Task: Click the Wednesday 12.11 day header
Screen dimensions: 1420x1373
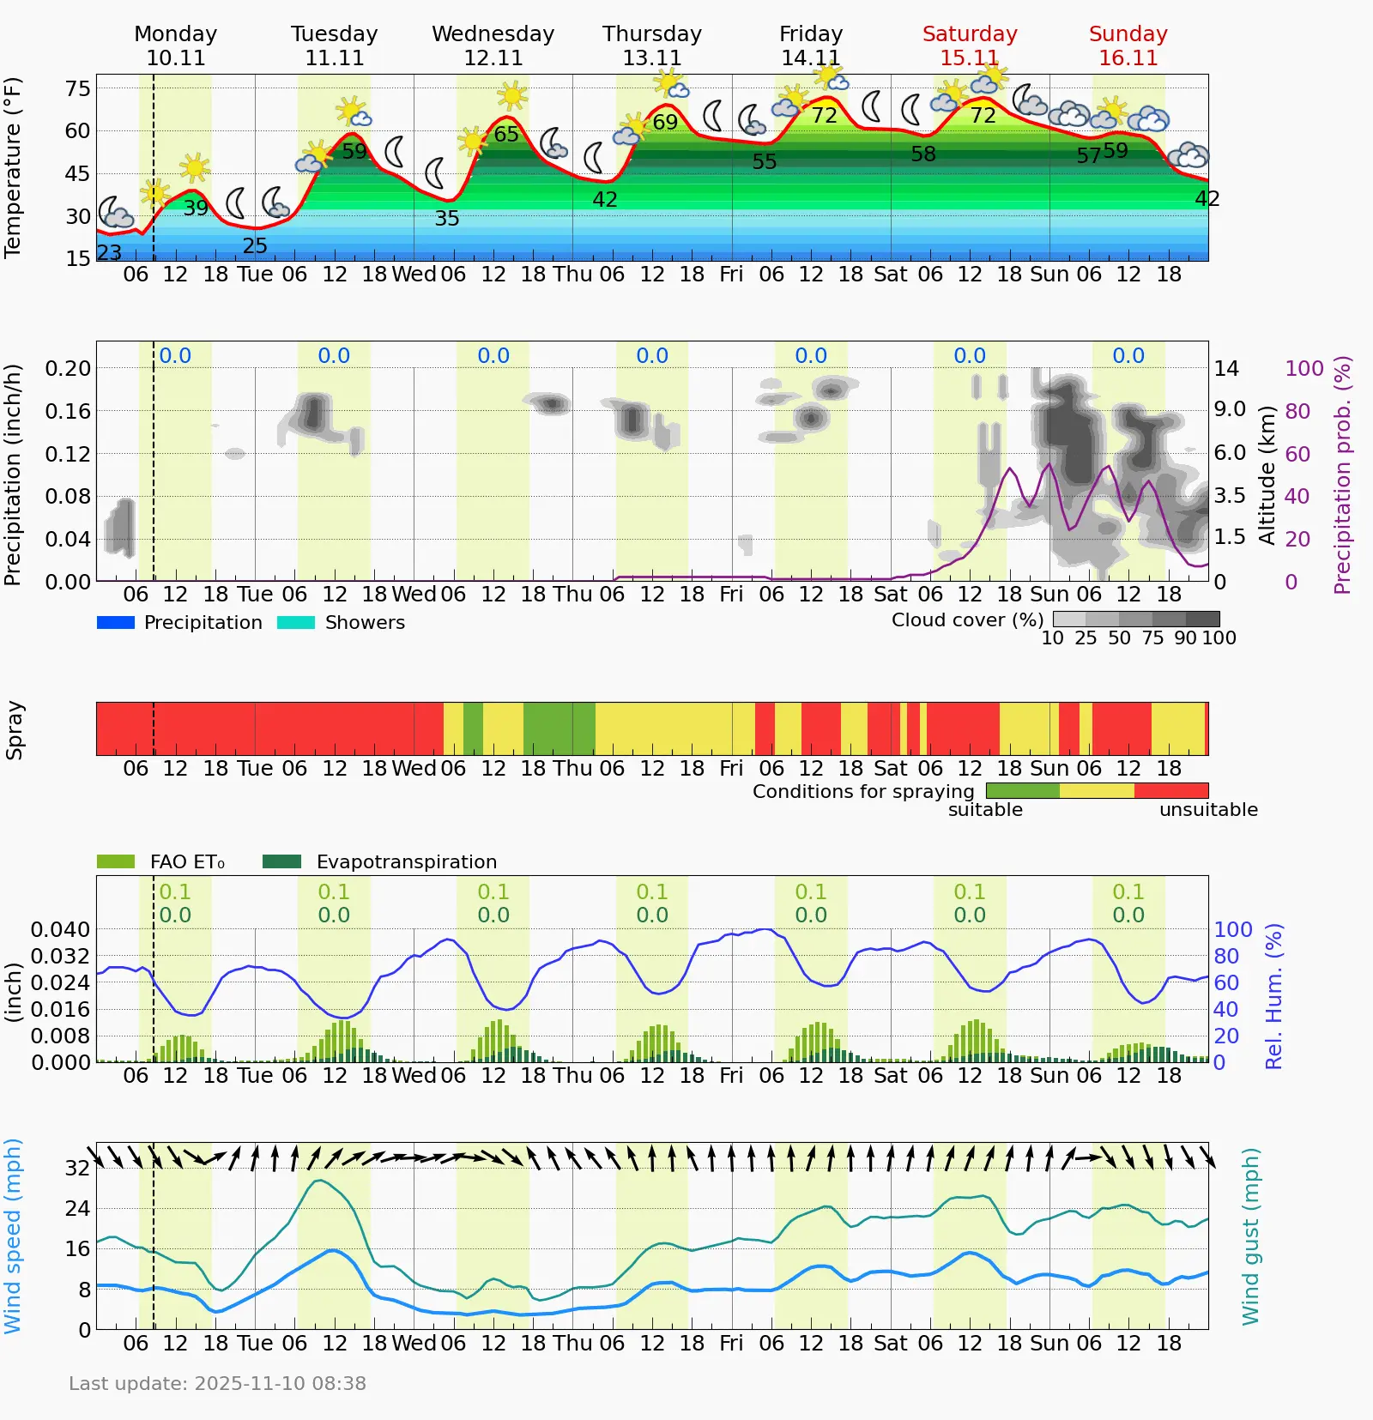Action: coord(493,45)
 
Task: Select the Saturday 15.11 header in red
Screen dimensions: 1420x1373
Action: coord(970,45)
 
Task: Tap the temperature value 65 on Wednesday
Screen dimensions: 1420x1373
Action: coord(506,135)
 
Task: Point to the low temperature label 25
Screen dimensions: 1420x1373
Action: coord(255,246)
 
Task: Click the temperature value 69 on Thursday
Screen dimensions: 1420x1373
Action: coord(665,123)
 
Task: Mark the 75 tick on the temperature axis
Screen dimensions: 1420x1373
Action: coord(77,89)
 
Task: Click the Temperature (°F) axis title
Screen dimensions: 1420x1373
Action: coord(12,168)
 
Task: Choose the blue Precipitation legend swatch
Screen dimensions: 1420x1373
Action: coord(116,623)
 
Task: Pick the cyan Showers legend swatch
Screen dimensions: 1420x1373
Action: coord(296,623)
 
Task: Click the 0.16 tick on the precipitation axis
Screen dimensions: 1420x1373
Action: coord(68,411)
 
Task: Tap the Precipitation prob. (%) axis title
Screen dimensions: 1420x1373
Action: coord(1342,475)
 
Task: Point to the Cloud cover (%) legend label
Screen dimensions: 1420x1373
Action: coord(967,620)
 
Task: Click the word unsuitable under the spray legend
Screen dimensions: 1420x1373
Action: coord(1208,810)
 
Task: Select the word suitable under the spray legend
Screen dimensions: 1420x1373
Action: coord(985,810)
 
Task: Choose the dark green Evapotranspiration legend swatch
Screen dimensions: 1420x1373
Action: coord(281,861)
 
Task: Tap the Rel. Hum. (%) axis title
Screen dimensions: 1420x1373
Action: coord(1274,996)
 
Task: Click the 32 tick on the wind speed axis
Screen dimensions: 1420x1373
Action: coord(77,1169)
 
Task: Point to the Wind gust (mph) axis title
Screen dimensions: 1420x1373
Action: coord(1251,1236)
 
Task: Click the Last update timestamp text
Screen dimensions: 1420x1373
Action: coord(217,1384)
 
